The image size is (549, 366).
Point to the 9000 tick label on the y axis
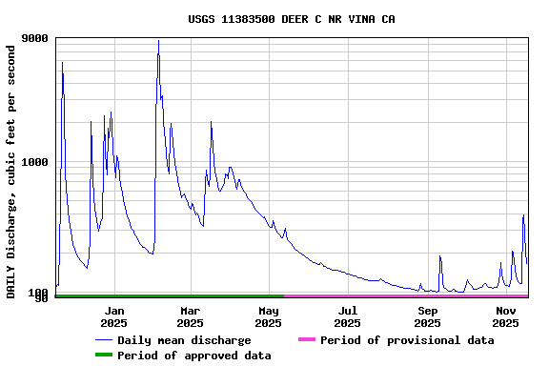(x=35, y=39)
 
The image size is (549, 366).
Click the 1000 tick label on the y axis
(x=35, y=163)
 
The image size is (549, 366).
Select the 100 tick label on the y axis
(x=39, y=292)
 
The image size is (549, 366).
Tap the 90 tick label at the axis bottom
(x=42, y=299)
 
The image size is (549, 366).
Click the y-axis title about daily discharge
(x=11, y=171)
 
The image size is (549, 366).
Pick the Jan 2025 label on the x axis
(x=113, y=316)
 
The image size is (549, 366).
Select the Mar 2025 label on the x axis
(x=191, y=316)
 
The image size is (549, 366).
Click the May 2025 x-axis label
(x=269, y=316)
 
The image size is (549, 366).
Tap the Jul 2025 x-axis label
(x=348, y=316)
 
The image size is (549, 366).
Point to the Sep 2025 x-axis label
(x=427, y=316)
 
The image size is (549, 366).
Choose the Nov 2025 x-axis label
(x=506, y=316)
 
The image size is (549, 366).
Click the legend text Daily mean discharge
(x=184, y=340)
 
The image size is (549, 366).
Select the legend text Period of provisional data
(x=407, y=340)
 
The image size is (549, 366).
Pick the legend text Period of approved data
(x=193, y=356)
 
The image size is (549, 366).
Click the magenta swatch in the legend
(x=306, y=340)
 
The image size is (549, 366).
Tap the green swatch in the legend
(x=103, y=356)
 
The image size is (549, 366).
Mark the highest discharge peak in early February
(x=158, y=41)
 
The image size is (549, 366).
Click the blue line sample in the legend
(x=103, y=340)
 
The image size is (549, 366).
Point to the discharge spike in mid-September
(x=439, y=256)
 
